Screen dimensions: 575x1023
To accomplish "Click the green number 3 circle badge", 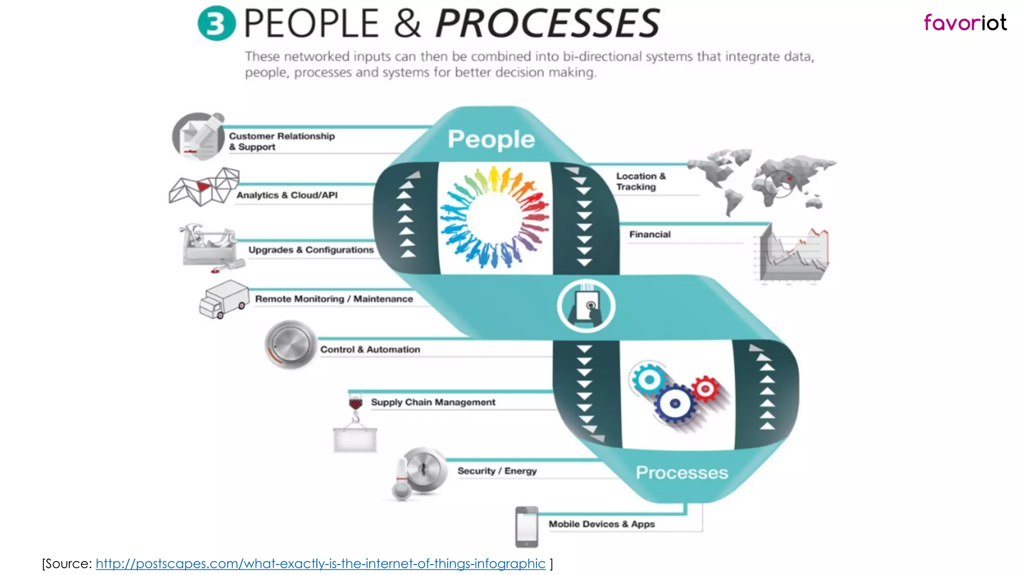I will coord(216,23).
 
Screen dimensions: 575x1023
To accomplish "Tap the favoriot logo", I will coord(965,23).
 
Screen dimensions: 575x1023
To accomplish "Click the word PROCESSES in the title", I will coord(548,23).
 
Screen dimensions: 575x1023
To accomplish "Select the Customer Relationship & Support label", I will coord(282,141).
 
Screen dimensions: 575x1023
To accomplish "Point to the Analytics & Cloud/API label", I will coord(287,195).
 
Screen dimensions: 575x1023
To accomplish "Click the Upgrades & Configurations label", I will coord(311,250).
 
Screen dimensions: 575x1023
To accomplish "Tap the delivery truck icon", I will coord(224,299).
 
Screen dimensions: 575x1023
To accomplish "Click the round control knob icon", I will coord(291,345).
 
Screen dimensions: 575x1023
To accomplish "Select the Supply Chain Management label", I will coord(433,402).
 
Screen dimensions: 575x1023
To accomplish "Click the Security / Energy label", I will coord(497,471).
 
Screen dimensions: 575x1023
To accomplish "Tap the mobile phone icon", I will coord(526,527).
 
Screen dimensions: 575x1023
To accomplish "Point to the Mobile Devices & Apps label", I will coord(601,524).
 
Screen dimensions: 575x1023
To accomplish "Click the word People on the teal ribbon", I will coord(491,139).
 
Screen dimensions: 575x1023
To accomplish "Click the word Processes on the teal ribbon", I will coord(681,472).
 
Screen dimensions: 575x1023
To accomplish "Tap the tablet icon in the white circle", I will coord(586,306).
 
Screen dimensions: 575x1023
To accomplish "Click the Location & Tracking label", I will coord(640,181).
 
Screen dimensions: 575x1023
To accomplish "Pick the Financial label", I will coord(649,235).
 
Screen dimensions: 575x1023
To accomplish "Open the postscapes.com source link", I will coord(320,564).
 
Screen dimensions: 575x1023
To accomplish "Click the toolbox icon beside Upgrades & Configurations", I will coord(209,247).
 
